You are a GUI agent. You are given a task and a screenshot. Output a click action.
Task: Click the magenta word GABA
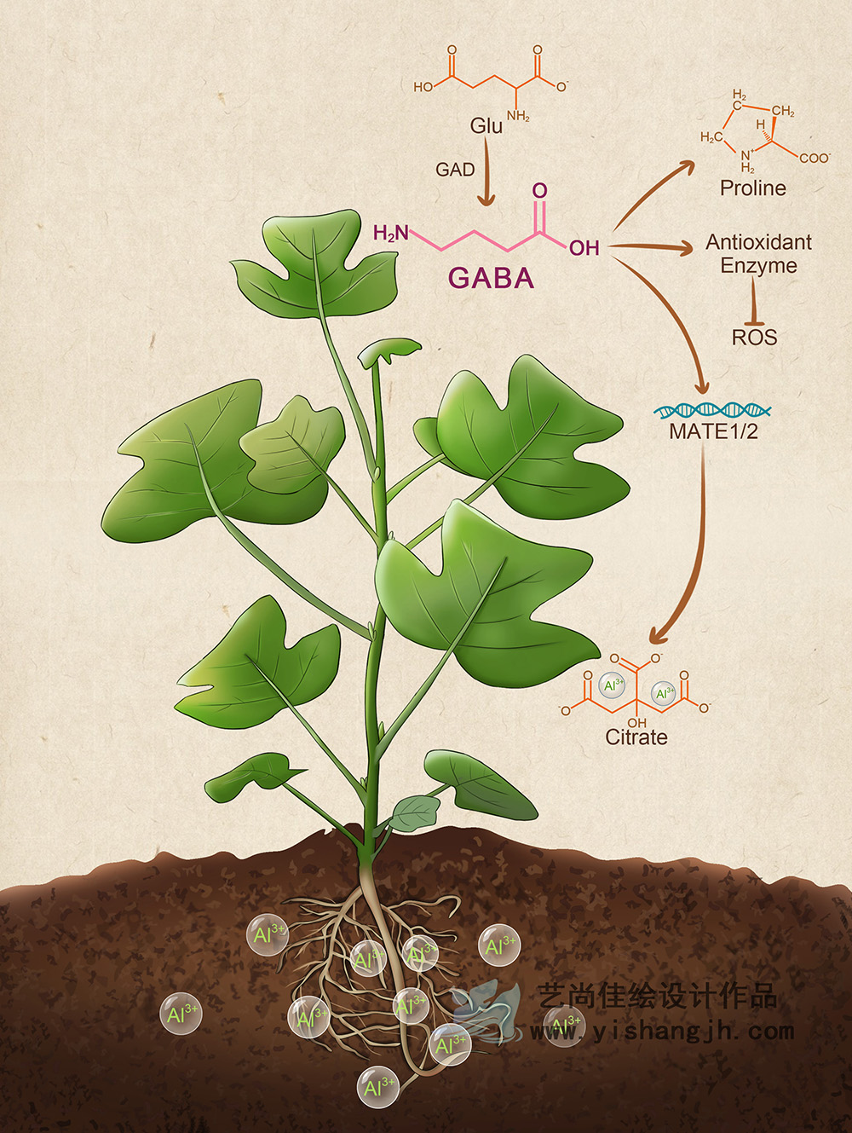click(x=491, y=278)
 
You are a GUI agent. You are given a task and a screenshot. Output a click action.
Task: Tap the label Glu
click(x=486, y=126)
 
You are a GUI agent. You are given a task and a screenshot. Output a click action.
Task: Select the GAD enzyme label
click(x=455, y=170)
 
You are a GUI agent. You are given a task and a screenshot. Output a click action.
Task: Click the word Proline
click(x=752, y=188)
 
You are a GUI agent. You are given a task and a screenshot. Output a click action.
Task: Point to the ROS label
click(x=754, y=338)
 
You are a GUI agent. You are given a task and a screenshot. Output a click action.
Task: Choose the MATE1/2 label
click(x=713, y=431)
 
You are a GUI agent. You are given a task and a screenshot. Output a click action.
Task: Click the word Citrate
click(x=636, y=737)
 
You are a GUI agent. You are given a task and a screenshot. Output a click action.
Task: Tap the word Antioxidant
click(x=758, y=242)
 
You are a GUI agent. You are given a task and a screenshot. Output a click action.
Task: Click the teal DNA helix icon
click(x=712, y=410)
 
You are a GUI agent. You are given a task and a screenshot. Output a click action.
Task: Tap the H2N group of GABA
click(x=391, y=233)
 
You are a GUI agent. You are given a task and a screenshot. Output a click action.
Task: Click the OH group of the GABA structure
click(x=584, y=248)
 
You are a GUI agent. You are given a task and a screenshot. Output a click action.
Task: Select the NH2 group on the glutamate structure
click(x=518, y=116)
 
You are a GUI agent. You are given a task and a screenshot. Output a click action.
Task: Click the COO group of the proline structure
click(x=814, y=158)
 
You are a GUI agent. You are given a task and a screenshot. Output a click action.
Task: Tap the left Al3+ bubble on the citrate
click(x=613, y=686)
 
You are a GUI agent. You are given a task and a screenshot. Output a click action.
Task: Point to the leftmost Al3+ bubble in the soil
click(x=181, y=1014)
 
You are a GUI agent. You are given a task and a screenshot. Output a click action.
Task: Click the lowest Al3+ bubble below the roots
click(x=377, y=1087)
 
